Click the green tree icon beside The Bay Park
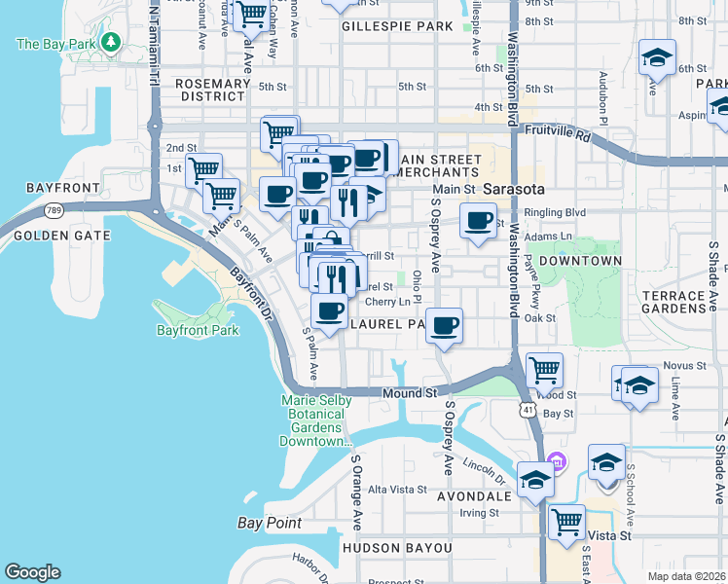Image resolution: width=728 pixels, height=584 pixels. pos(111,43)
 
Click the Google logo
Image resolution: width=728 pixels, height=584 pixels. pos(32,571)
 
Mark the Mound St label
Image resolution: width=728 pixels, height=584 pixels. pos(411,393)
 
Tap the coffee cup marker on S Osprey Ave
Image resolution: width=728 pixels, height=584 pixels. pos(444,325)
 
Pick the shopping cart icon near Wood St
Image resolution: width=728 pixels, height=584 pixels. pos(544,369)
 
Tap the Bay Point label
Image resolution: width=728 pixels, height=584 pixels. pos(270,523)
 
